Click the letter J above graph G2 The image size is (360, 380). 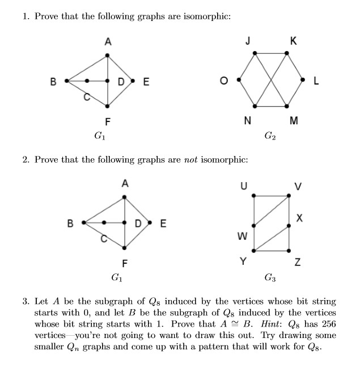pos(248,40)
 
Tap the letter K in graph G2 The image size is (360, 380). pos(293,40)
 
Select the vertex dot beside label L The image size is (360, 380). pos(304,80)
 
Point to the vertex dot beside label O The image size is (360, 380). pos(239,80)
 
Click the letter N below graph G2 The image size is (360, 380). pos(248,120)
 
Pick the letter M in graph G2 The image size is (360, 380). pos(293,120)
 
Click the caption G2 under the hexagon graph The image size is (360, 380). pos(270,136)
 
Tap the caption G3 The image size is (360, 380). pos(270,278)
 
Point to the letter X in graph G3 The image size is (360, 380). pos(300,218)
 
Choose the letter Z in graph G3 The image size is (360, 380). pos(297,263)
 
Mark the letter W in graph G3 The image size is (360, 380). pos(242,236)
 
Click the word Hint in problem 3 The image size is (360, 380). pos(270,324)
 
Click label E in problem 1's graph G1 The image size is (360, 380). pos(146,82)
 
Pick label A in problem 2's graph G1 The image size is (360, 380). pos(125,183)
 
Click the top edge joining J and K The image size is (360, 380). pos(271,53)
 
